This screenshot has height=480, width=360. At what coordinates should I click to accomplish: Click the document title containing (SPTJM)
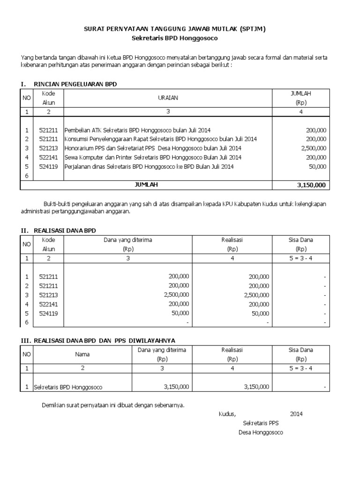pos(174,29)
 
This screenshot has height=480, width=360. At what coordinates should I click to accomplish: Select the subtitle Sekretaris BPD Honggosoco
pos(174,38)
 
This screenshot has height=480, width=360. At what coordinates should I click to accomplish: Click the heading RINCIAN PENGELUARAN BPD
pos(75,84)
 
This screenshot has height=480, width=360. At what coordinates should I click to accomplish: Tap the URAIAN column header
pos(167,98)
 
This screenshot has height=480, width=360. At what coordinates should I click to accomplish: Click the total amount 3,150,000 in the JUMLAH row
pos(311,185)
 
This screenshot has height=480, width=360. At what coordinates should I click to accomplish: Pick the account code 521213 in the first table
pos(48,148)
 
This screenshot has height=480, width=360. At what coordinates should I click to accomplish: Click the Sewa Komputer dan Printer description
pos(153,157)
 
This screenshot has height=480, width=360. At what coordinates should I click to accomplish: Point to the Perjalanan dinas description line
pos(149,166)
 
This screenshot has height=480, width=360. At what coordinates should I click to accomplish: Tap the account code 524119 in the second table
pos(48,313)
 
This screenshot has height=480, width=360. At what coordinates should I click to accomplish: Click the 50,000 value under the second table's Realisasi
pos(260,313)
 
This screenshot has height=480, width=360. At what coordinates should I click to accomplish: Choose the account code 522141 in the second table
pos(48,304)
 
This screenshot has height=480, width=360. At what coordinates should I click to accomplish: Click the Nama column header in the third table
pos(82,354)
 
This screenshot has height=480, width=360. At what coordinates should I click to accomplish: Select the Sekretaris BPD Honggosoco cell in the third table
pos(68,387)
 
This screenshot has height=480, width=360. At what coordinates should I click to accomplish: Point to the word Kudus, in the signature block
pos(227,414)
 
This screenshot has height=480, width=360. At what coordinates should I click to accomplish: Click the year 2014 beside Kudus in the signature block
pos(296,414)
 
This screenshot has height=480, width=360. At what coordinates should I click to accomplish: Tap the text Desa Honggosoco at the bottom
pos(261,432)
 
